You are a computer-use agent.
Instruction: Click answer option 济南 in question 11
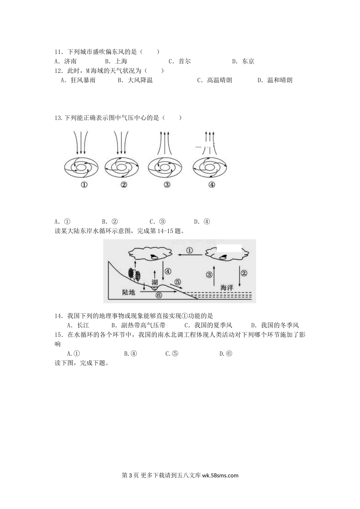(70, 61)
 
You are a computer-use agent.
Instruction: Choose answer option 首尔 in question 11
(185, 61)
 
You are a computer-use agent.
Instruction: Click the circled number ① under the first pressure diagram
(84, 185)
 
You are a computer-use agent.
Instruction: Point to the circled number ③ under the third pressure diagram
(167, 185)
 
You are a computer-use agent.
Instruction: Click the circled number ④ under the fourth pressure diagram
(211, 185)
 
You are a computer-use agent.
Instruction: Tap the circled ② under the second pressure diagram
(124, 185)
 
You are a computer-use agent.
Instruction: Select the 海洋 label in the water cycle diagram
(227, 288)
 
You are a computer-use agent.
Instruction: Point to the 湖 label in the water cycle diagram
(154, 282)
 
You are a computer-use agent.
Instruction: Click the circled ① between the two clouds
(190, 250)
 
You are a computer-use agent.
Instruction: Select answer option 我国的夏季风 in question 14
(213, 325)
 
